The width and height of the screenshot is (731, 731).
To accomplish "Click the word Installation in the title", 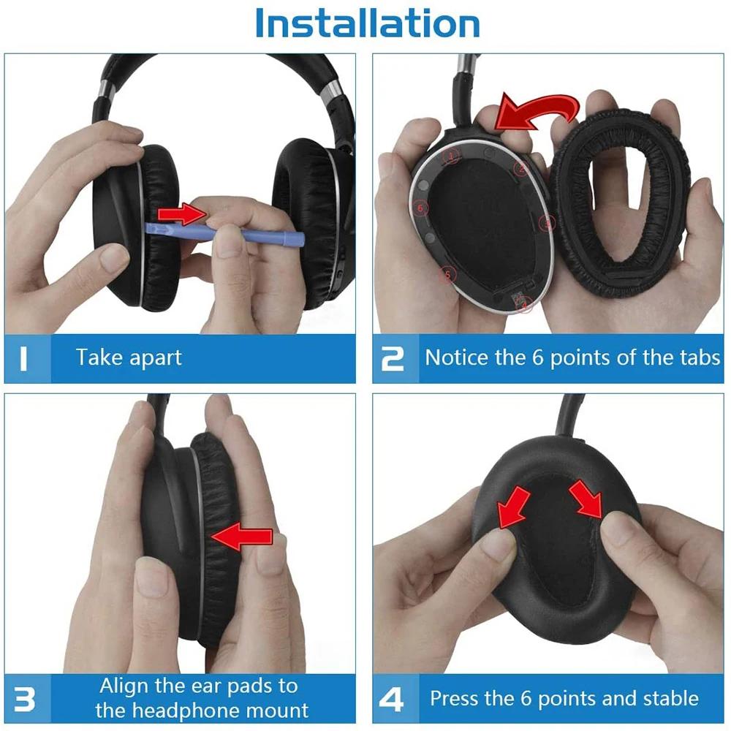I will click(x=367, y=23).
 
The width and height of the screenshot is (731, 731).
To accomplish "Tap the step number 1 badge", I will click(x=23, y=359).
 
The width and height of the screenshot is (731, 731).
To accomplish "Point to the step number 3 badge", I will click(x=24, y=699).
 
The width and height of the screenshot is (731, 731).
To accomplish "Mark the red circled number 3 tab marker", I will click(x=545, y=222).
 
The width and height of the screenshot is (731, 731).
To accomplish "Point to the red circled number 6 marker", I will click(x=420, y=207).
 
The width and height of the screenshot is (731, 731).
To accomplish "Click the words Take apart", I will click(x=129, y=358).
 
